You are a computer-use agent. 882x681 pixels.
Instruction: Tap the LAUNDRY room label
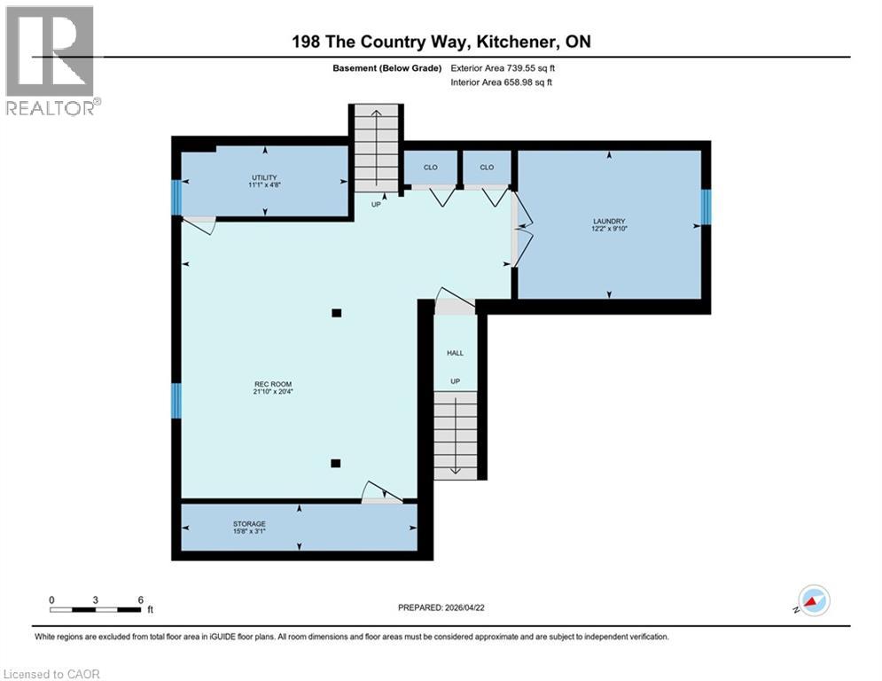609,222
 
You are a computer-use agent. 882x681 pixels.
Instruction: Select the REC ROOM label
272,385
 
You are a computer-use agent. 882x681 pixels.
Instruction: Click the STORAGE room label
250,524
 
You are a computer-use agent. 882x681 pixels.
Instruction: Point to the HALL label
455,353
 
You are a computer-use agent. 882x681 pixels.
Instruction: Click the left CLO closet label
431,167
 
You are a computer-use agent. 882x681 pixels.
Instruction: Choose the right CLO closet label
487,167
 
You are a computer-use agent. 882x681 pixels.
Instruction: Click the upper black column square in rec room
336,312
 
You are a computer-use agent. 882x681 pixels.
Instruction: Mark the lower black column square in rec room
336,462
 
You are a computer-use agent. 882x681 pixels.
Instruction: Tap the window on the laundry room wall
706,207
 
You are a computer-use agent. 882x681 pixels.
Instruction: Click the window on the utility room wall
176,197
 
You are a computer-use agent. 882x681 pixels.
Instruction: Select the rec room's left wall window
176,400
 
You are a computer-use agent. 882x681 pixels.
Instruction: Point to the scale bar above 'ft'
96,609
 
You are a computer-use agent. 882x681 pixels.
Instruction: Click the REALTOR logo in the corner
51,60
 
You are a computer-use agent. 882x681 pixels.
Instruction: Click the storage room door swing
379,492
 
